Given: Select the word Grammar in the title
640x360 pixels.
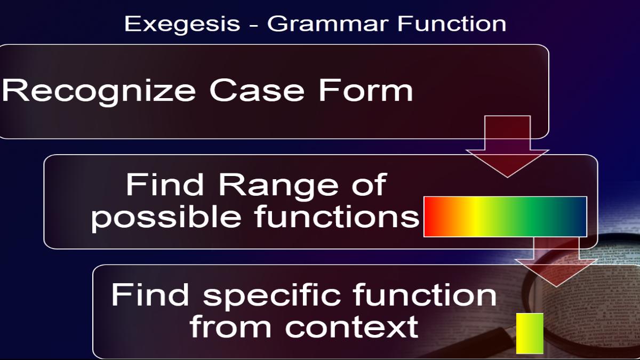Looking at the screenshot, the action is [x=327, y=23].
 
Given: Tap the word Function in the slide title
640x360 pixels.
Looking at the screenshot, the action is [x=452, y=23].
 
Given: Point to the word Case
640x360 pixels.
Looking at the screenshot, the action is [x=257, y=90].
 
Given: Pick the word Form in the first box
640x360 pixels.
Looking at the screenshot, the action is [x=366, y=90].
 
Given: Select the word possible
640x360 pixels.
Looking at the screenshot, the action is [x=166, y=217].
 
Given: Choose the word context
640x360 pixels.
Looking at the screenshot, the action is [x=351, y=326].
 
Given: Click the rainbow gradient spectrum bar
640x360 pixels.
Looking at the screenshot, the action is [x=505, y=217].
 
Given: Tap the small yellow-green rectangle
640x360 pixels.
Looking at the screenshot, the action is [x=530, y=333].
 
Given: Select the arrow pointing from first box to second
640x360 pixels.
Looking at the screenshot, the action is [x=507, y=147].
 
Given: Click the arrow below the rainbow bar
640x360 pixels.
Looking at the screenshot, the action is [x=556, y=261].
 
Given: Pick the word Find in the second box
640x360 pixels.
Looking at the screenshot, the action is [x=165, y=185].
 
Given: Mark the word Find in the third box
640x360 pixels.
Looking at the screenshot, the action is [x=150, y=294].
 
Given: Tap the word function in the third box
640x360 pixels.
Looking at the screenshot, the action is [x=425, y=294].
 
